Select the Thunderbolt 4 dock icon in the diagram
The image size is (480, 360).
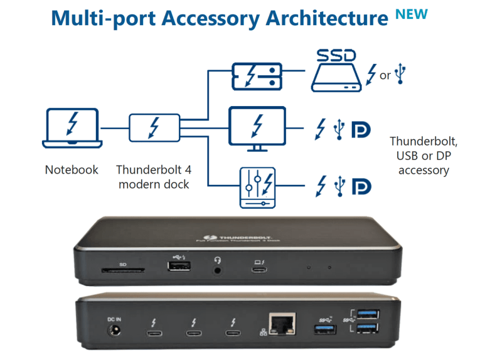[153, 128]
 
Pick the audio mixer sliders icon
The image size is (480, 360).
[257, 187]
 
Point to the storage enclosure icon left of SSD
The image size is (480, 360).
[257, 75]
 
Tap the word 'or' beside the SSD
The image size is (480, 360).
[385, 75]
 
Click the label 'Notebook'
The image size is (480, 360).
[72, 170]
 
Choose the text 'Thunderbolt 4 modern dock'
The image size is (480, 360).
[153, 176]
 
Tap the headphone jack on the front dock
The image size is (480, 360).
[218, 270]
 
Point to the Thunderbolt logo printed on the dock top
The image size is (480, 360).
[221, 236]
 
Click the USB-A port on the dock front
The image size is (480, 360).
[178, 267]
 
